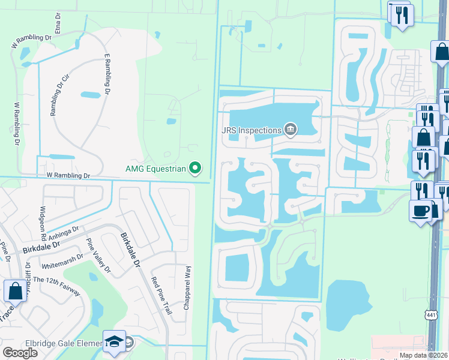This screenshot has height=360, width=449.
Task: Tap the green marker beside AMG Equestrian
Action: click(x=195, y=169)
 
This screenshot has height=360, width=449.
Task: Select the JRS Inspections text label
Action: click(x=252, y=130)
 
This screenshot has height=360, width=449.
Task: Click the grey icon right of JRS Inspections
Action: click(x=291, y=129)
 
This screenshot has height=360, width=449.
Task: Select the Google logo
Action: click(x=20, y=353)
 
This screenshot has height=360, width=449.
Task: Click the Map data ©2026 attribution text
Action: click(x=423, y=355)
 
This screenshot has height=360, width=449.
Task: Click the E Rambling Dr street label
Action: click(x=108, y=74)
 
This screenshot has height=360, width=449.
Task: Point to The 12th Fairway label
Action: click(x=56, y=284)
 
